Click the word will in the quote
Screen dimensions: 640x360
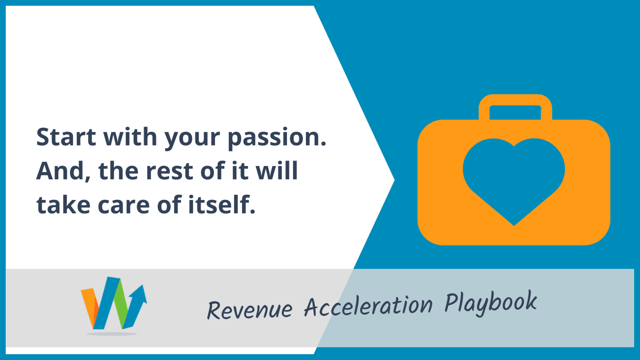tap(277, 171)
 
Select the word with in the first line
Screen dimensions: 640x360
tap(130, 136)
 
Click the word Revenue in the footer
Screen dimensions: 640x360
tap(250, 310)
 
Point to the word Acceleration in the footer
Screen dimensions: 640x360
tap(368, 305)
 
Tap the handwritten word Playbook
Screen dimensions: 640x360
tap(491, 302)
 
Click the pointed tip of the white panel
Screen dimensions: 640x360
tap(395, 180)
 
